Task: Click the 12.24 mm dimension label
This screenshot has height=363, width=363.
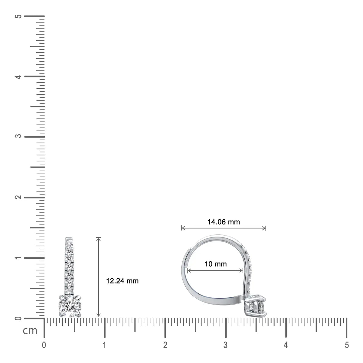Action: [x=122, y=281]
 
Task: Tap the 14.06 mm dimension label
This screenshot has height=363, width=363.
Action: [x=224, y=222]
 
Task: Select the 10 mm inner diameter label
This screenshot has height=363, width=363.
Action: [x=215, y=264]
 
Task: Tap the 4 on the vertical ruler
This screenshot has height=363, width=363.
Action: [x=18, y=77]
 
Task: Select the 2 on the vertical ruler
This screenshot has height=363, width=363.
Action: [x=18, y=197]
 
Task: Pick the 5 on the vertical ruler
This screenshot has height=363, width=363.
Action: [x=18, y=16]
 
